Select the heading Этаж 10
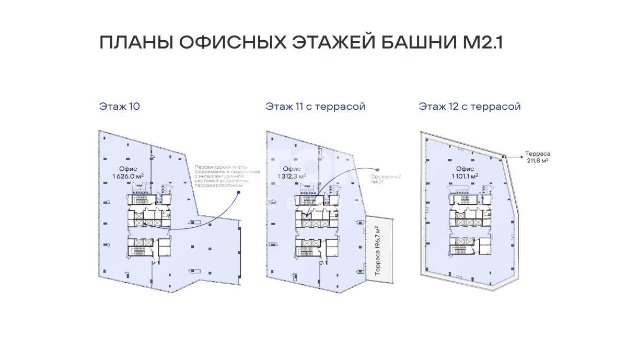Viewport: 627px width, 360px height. tap(119, 107)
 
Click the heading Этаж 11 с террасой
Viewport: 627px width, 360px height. tap(316, 107)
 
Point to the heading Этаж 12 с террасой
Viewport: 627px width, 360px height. tap(470, 107)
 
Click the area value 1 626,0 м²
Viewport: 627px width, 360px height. tap(128, 176)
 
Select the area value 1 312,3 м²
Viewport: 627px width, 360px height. tap(292, 176)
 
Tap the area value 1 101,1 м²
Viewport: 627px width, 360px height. tap(465, 176)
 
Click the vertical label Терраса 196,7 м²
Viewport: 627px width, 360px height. tap(377, 251)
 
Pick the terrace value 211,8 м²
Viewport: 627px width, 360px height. tap(538, 160)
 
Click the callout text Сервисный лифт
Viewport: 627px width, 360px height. tap(386, 179)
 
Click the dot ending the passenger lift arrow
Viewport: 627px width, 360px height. tap(238, 192)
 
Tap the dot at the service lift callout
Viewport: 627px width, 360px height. tap(378, 170)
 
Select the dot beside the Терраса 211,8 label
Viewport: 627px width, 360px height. tap(521, 157)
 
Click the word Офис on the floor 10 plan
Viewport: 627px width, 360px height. tap(128, 169)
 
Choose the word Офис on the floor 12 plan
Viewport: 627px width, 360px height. tap(465, 169)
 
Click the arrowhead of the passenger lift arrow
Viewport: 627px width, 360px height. tap(144, 224)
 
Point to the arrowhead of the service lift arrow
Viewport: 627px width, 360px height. tap(307, 215)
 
